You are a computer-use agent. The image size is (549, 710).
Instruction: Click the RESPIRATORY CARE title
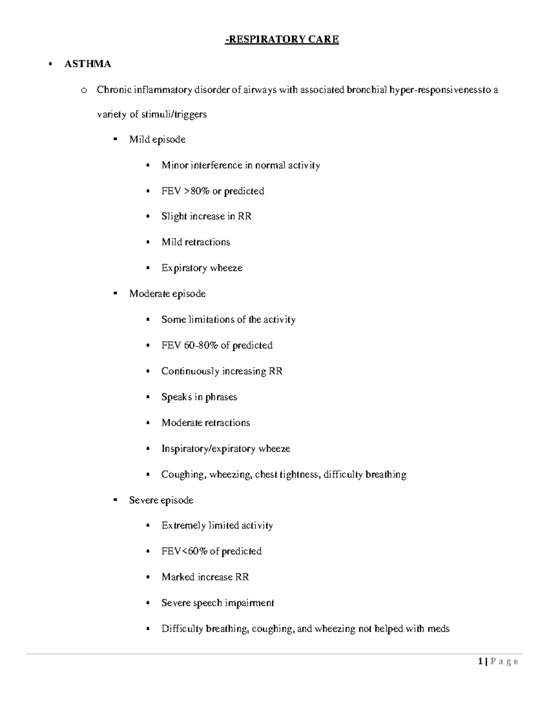282,39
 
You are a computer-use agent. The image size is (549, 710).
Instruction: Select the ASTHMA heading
87,64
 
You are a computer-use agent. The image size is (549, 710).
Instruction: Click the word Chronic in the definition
113,90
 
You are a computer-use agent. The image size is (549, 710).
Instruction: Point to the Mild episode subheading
157,139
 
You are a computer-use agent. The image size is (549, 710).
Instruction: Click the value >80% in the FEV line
197,191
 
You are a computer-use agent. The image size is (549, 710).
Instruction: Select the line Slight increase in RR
206,216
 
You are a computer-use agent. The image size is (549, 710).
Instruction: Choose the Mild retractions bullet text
195,242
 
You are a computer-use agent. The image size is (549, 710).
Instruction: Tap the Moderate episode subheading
167,294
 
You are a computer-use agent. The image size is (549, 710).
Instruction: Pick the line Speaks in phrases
199,397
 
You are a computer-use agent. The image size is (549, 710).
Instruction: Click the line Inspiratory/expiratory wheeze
226,449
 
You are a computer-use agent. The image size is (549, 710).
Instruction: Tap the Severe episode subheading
161,500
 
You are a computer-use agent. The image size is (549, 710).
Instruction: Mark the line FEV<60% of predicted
211,551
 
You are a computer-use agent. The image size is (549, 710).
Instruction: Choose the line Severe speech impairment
217,603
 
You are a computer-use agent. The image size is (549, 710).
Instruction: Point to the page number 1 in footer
480,661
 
